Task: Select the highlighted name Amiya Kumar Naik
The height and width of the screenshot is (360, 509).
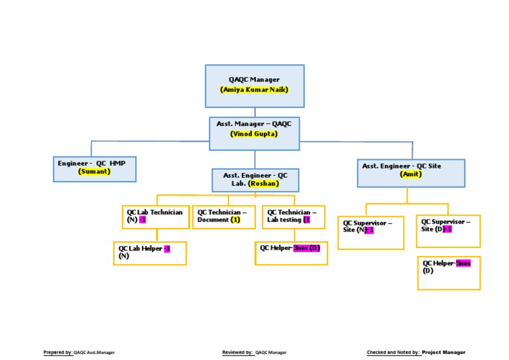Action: [254, 90]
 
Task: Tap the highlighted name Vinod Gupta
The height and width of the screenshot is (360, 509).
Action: [254, 133]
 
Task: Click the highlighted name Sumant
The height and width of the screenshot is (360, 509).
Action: [94, 171]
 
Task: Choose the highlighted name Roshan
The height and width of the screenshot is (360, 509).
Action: [263, 184]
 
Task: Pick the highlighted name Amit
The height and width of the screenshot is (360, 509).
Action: [411, 174]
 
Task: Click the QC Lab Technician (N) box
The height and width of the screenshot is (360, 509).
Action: [156, 217]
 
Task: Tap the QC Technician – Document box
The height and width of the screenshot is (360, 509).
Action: [223, 217]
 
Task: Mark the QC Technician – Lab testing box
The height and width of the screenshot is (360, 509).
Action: [293, 217]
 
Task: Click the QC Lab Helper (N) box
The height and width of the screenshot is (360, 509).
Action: [150, 253]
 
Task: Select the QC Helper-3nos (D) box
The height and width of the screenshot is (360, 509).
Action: [291, 253]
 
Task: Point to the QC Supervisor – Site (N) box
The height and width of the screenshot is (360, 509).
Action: [370, 233]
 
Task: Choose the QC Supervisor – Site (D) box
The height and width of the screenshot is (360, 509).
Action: [448, 231]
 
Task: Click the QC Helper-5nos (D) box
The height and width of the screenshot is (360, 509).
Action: [448, 272]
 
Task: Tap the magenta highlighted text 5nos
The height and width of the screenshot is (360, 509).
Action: [463, 263]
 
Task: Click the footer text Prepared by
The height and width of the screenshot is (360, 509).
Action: [58, 353]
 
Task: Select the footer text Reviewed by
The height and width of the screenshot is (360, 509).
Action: [237, 353]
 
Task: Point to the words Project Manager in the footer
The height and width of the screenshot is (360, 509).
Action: [443, 353]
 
